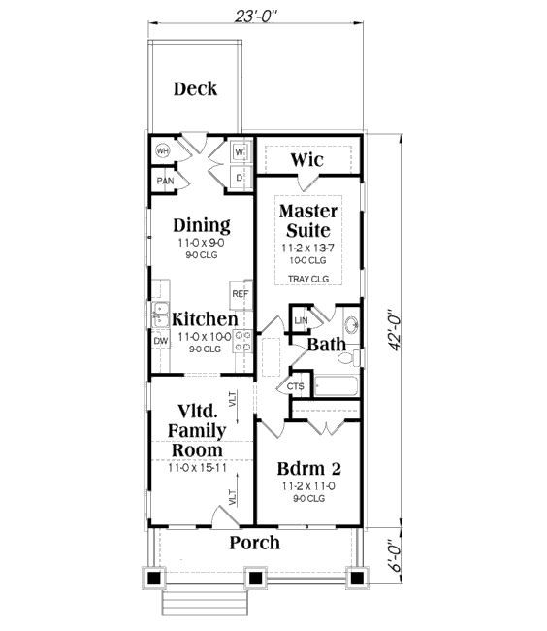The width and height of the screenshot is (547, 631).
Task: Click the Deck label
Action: (x=195, y=89)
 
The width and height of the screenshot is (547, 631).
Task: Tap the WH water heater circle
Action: (x=162, y=151)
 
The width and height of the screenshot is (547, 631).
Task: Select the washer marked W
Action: (x=240, y=152)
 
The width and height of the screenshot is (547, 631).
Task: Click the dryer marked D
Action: (x=240, y=178)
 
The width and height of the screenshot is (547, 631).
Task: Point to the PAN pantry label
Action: (x=165, y=181)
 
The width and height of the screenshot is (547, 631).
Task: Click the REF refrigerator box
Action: (x=241, y=294)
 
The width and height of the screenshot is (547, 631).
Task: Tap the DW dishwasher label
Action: (x=161, y=341)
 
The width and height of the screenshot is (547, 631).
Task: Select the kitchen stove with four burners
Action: (x=243, y=341)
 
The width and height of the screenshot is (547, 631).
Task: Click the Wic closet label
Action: (x=307, y=160)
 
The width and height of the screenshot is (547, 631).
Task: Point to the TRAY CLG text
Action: (x=308, y=279)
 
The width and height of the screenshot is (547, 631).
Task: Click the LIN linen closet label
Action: (x=301, y=320)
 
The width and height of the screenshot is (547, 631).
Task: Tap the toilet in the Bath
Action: (x=349, y=357)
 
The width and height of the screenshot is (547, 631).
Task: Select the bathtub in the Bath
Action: (x=336, y=386)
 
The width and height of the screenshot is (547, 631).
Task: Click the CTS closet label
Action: (x=296, y=386)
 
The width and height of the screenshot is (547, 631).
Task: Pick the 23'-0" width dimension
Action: (x=256, y=17)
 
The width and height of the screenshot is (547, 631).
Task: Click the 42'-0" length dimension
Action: (x=395, y=330)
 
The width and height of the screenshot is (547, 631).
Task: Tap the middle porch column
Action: (x=255, y=579)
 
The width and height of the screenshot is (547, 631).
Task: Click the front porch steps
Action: (x=205, y=603)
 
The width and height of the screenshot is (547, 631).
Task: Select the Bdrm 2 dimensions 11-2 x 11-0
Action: (x=308, y=486)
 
